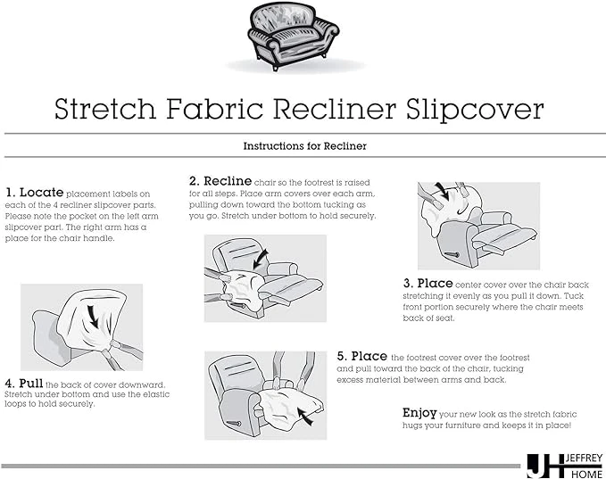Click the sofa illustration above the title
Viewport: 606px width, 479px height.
pyautogui.click(x=294, y=37)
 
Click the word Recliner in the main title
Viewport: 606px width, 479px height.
pyautogui.click(x=335, y=109)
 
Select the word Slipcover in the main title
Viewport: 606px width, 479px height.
pyautogui.click(x=475, y=110)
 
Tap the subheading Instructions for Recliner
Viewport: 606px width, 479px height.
pyautogui.click(x=305, y=146)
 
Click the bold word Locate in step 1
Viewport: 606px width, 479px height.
pyautogui.click(x=41, y=192)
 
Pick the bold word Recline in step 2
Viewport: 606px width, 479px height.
pyautogui.click(x=228, y=181)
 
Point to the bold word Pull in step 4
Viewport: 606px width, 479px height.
pyautogui.click(x=31, y=384)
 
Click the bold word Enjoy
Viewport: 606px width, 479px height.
pyautogui.click(x=419, y=413)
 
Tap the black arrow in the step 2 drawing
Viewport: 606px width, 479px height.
pyautogui.click(x=261, y=259)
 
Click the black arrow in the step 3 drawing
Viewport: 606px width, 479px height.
pyautogui.click(x=442, y=191)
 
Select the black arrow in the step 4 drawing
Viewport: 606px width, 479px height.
pyautogui.click(x=93, y=316)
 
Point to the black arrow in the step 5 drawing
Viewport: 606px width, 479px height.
pyautogui.click(x=306, y=418)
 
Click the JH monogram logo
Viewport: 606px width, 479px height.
pyautogui.click(x=545, y=467)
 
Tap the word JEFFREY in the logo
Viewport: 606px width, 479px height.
pyautogui.click(x=584, y=458)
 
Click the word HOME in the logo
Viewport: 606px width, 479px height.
pyautogui.click(x=586, y=474)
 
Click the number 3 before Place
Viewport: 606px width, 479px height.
pyautogui.click(x=408, y=284)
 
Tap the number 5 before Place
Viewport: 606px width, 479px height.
pyautogui.click(x=342, y=356)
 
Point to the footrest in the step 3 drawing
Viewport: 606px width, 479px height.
pyautogui.click(x=505, y=234)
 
